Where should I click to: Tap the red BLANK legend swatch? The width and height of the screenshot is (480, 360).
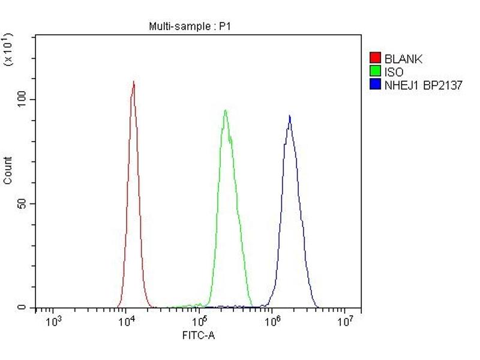(x=376, y=58)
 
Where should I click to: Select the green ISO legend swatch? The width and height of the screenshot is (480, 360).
(x=376, y=72)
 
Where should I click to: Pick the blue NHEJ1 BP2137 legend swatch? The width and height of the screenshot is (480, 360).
(x=376, y=85)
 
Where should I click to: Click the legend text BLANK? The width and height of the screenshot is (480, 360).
(x=403, y=59)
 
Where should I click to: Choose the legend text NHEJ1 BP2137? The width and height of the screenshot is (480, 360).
(x=424, y=85)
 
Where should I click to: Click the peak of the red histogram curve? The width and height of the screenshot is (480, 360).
(x=133, y=82)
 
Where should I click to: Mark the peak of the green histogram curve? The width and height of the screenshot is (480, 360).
(x=225, y=110)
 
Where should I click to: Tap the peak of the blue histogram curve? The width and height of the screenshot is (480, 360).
(x=290, y=116)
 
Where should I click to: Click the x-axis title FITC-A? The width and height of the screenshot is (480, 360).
(x=199, y=335)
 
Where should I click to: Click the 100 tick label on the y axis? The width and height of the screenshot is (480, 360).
(x=24, y=100)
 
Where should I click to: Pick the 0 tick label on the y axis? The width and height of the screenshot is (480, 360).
(x=22, y=308)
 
